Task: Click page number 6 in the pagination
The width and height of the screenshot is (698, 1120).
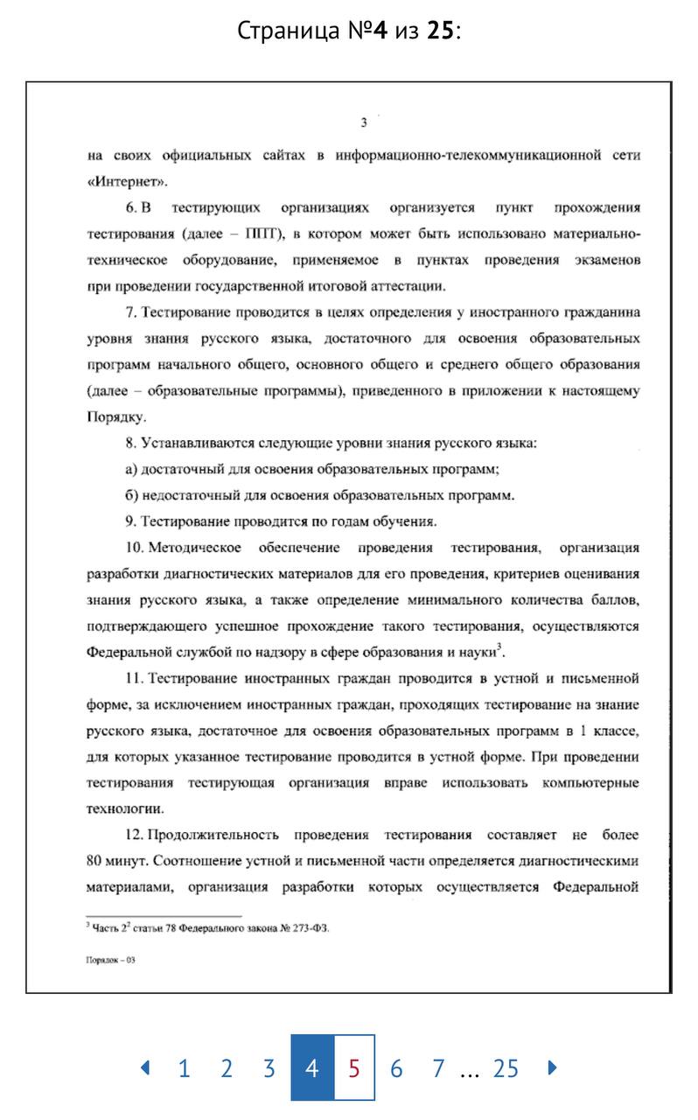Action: tap(396, 1068)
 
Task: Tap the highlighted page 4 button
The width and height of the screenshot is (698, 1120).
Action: tap(312, 1068)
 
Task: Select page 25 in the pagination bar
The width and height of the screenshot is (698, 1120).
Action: tap(506, 1068)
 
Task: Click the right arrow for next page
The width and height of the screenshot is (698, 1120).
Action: tap(552, 1067)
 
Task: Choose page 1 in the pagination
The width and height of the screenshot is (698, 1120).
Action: tap(184, 1068)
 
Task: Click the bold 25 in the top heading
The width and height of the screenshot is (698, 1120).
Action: tap(440, 31)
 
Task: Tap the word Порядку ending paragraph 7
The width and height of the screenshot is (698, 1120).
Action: tap(115, 416)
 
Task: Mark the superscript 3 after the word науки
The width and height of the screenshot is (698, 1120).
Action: tap(499, 647)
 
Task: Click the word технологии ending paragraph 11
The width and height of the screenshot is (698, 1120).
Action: tap(126, 808)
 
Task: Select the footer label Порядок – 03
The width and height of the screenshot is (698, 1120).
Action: tap(110, 960)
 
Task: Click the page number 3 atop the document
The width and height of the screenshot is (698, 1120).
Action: tap(364, 122)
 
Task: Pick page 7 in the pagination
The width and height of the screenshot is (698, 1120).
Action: tap(438, 1068)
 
